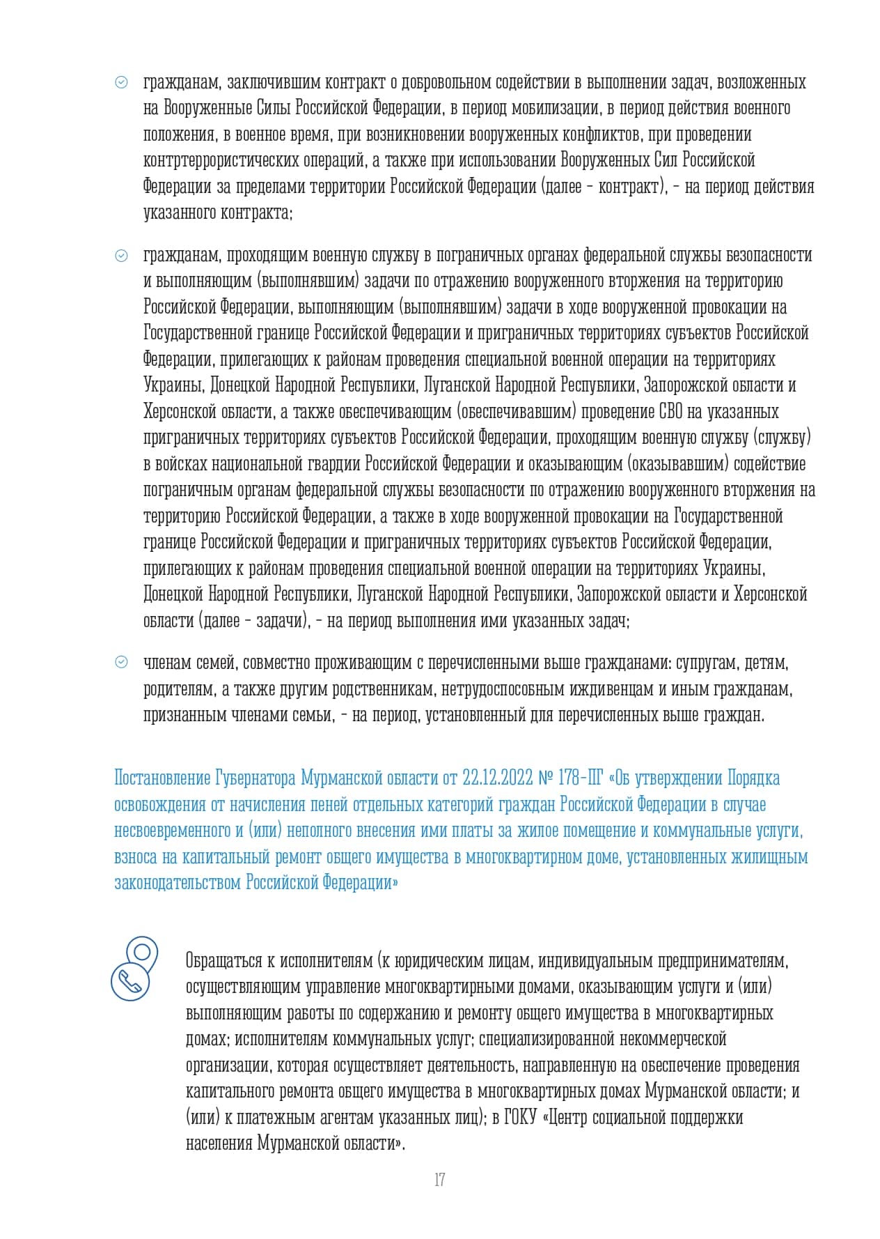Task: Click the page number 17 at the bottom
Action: point(439,1180)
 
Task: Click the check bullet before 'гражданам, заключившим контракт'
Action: point(121,83)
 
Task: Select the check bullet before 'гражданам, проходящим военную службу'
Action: point(121,256)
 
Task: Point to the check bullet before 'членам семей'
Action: point(121,663)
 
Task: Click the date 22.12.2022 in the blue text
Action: point(497,778)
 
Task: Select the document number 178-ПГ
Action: point(581,778)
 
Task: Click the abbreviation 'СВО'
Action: point(670,411)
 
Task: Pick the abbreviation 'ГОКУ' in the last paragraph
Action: point(519,1118)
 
